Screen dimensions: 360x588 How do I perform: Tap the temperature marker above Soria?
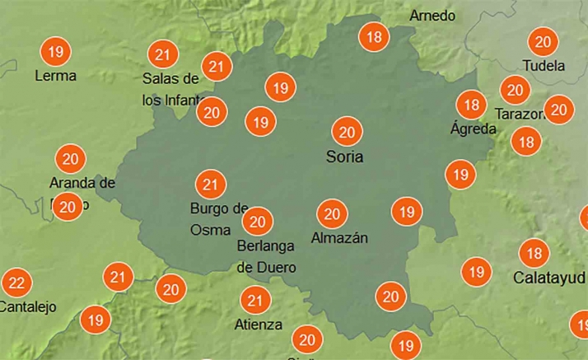click(x=347, y=132)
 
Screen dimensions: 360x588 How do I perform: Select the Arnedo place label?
click(x=432, y=16)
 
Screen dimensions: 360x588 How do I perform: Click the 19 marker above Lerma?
click(x=56, y=53)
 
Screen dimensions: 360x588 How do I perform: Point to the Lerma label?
click(x=56, y=77)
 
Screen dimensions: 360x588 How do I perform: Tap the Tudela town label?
click(x=544, y=66)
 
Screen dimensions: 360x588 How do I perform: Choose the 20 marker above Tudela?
click(x=543, y=42)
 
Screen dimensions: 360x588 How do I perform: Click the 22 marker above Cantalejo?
click(x=16, y=284)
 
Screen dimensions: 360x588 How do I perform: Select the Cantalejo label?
click(x=27, y=307)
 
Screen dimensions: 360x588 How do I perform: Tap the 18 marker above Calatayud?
click(x=534, y=253)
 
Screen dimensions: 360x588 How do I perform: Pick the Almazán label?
click(x=339, y=238)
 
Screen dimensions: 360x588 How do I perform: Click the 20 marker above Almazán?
click(x=333, y=215)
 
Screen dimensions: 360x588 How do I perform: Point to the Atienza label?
click(x=259, y=325)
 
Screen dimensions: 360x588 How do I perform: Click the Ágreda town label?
click(x=474, y=129)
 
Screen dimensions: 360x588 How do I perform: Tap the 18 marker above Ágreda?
click(x=472, y=105)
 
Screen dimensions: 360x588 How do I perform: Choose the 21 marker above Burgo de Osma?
click(x=209, y=184)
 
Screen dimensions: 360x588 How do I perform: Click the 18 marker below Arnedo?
click(x=375, y=37)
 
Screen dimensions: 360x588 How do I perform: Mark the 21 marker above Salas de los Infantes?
click(x=162, y=55)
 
